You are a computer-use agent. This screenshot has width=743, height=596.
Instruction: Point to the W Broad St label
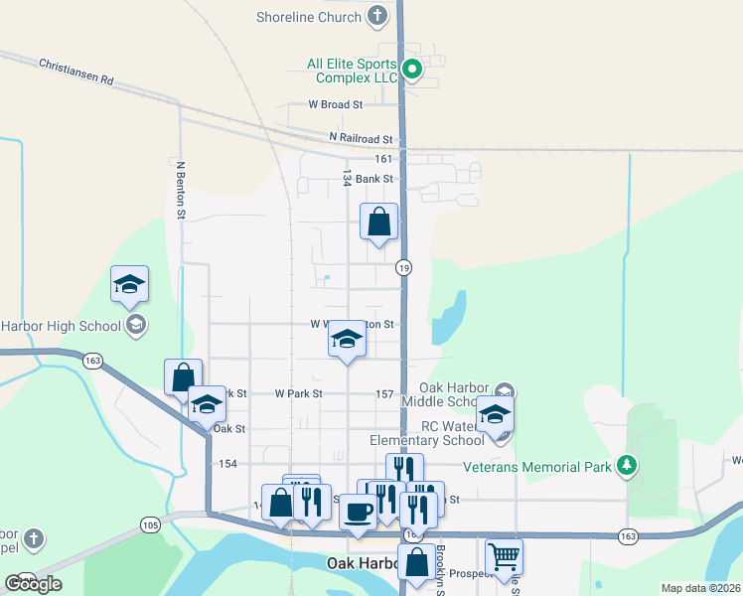[335, 104]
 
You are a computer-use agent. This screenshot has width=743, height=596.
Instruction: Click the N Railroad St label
[360, 139]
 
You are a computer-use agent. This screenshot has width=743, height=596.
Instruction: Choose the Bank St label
[375, 179]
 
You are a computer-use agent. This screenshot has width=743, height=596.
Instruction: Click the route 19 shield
[403, 267]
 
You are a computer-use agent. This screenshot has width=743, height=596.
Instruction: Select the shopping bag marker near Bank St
[379, 223]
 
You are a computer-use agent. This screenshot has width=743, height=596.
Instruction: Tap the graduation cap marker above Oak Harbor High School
[129, 285]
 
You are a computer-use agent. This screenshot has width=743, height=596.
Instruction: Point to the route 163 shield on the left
[93, 362]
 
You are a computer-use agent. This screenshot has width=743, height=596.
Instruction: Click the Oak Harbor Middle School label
[456, 394]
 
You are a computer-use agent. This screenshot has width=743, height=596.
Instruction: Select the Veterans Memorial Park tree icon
[626, 464]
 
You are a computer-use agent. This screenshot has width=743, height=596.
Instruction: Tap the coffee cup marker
[358, 512]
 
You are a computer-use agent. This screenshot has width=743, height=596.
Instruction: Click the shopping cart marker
[504, 557]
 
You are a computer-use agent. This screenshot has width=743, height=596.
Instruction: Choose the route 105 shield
[150, 524]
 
